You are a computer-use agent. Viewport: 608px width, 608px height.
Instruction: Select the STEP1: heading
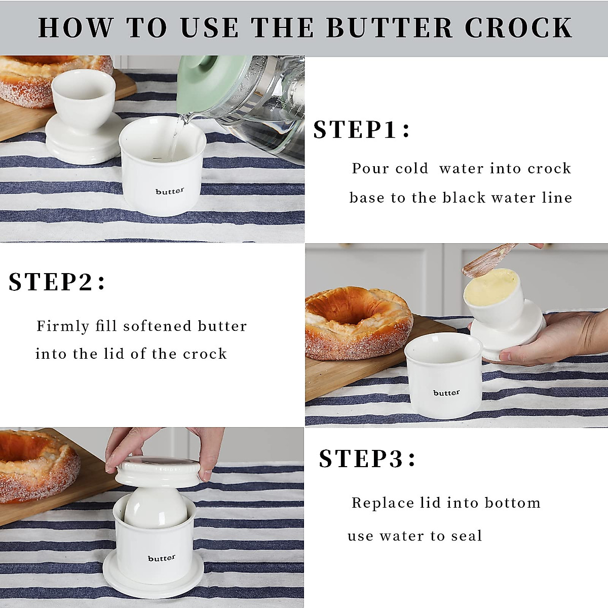click(361, 130)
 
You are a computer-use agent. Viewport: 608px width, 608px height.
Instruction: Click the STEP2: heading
click(57, 282)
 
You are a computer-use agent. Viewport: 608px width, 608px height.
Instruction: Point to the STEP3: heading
click(367, 459)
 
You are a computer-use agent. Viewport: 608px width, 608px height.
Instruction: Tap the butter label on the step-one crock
click(170, 192)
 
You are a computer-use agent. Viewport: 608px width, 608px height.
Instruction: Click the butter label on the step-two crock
click(446, 393)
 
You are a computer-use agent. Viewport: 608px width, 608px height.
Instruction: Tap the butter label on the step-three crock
click(162, 558)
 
